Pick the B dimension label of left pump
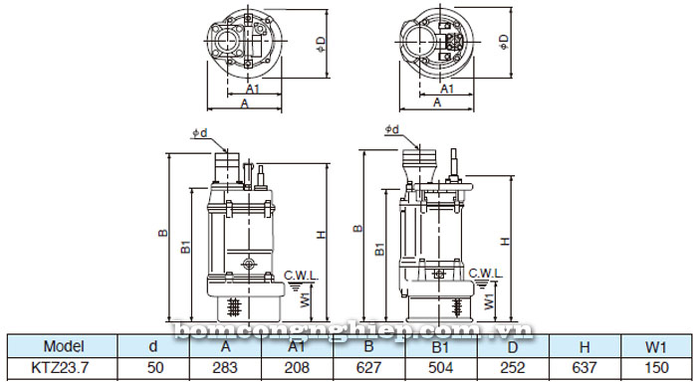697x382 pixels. [161, 234]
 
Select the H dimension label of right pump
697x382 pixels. [506, 241]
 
